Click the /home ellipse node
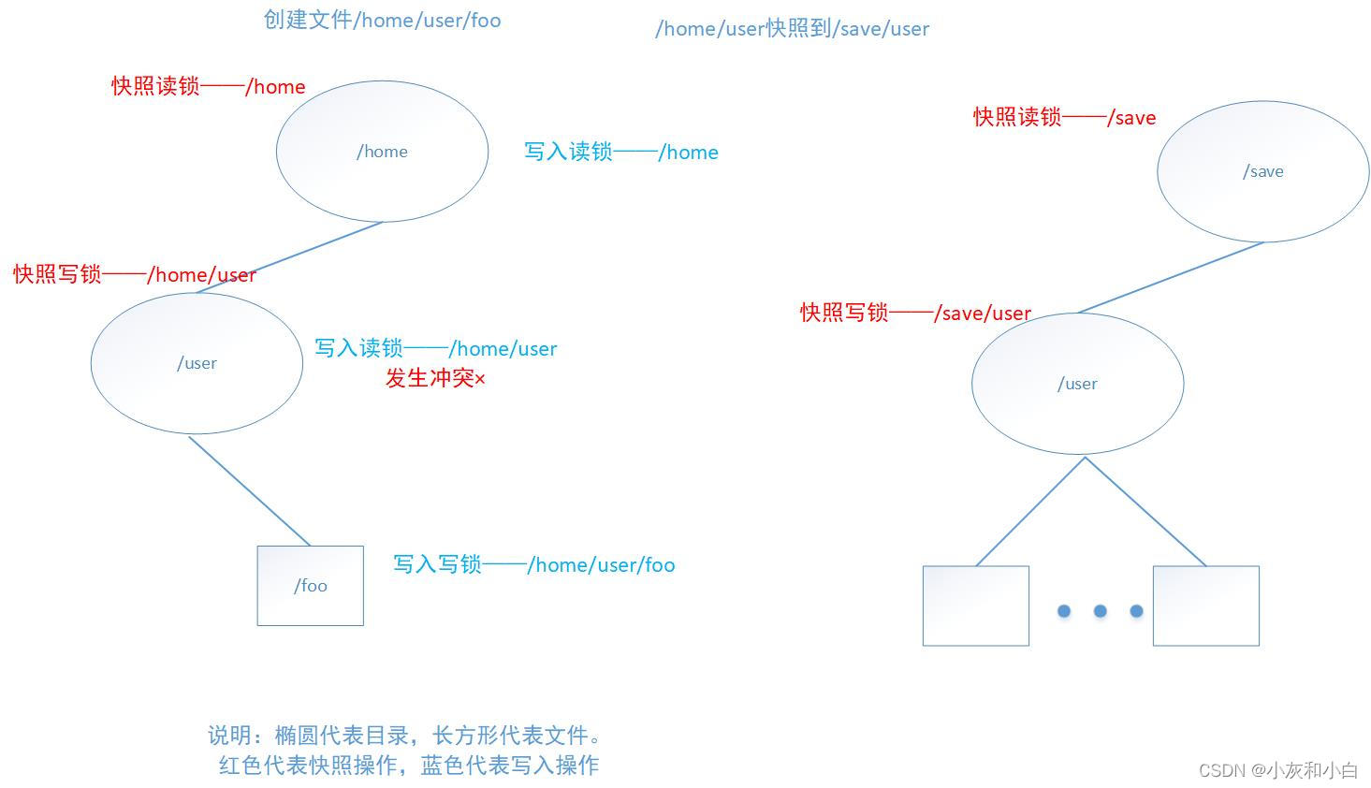(382, 152)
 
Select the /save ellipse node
(1262, 171)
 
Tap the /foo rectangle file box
(310, 586)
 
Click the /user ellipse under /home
(197, 363)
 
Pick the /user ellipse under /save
(1077, 384)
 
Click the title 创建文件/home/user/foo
(382, 20)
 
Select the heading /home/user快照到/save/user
(792, 29)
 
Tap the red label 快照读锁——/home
(208, 87)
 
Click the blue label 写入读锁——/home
(620, 153)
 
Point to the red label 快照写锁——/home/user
(134, 275)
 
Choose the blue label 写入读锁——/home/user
(435, 349)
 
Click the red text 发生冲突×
(435, 379)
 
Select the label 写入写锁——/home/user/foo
(533, 565)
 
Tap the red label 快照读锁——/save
(1064, 118)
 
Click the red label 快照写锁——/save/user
(914, 314)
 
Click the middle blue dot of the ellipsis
(1100, 611)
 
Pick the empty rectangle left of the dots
(975, 606)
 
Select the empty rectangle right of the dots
(1205, 606)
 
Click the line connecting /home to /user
(289, 257)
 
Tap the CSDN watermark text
(1277, 770)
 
